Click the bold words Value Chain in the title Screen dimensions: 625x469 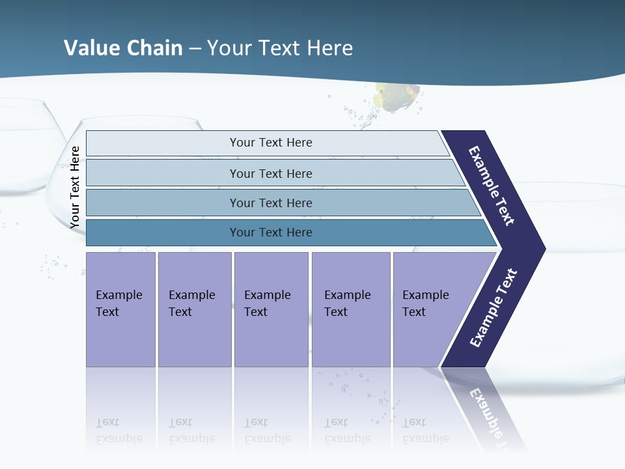(x=123, y=48)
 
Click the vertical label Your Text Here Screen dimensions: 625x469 (x=75, y=187)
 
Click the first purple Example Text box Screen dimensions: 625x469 (x=120, y=309)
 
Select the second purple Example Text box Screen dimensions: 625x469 (x=194, y=309)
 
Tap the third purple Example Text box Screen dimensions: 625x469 (x=271, y=309)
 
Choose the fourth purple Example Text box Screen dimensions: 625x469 (x=350, y=309)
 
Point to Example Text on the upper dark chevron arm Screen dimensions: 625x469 (x=492, y=186)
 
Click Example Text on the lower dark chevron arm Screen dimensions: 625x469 (x=493, y=308)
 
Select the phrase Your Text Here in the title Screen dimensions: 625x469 (x=280, y=48)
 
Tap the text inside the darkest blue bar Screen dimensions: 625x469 (x=271, y=233)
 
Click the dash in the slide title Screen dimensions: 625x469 (x=195, y=48)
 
